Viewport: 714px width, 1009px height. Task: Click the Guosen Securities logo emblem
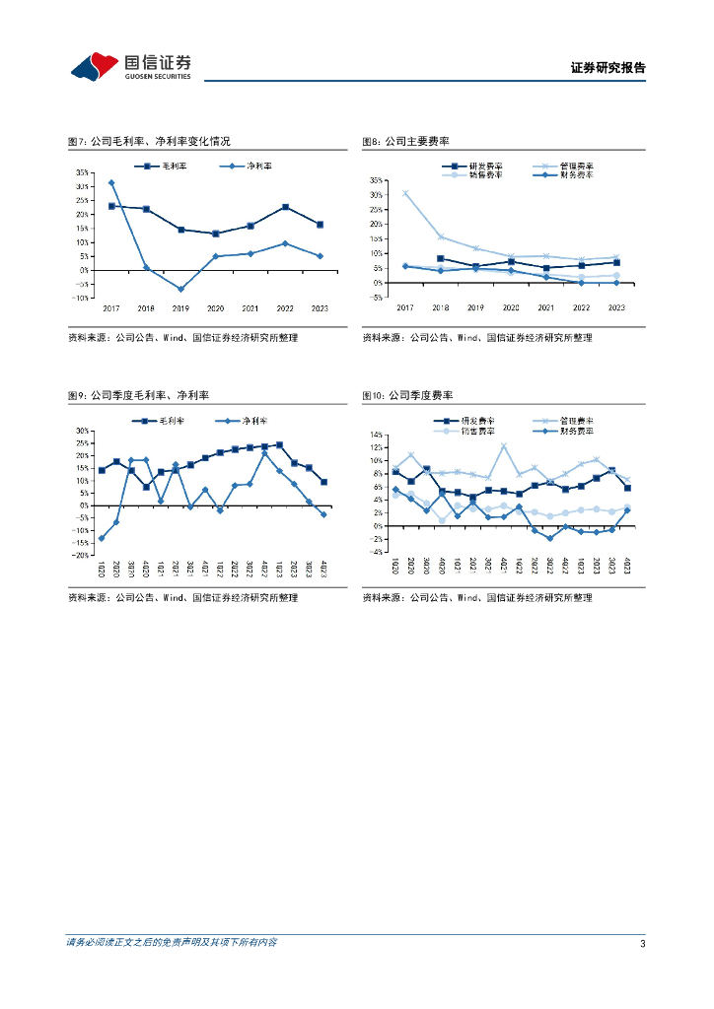pos(94,66)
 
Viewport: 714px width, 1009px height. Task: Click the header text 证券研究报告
pos(607,68)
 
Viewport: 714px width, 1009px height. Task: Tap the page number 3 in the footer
pos(642,943)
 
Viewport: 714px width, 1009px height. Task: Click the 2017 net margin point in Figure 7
pos(111,182)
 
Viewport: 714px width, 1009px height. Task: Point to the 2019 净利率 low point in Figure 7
pos(181,289)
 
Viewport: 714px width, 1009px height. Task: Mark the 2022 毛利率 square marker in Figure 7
pos(285,207)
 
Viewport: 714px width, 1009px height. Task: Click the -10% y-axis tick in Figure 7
pos(81,298)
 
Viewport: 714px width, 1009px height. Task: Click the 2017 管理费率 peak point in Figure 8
pos(405,193)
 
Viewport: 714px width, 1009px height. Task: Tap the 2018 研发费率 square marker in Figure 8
pos(440,258)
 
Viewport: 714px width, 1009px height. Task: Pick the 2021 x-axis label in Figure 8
pos(546,307)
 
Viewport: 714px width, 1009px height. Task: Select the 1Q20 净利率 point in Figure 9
pos(102,538)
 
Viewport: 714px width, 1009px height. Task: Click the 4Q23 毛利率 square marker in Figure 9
pos(323,482)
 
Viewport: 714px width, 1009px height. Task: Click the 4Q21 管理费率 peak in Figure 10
pos(504,446)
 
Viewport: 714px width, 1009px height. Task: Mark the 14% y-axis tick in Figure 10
pos(377,435)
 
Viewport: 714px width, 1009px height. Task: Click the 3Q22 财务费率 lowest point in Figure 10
pos(550,538)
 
